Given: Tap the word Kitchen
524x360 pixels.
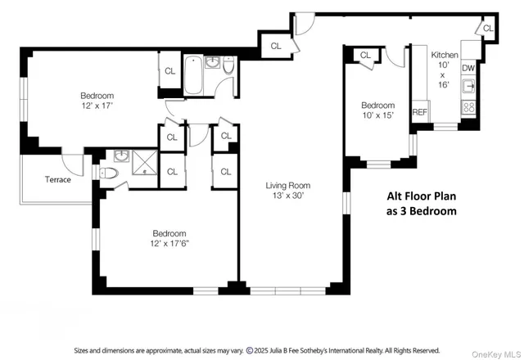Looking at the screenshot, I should (445, 55).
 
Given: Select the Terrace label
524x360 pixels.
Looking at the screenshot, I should (57, 179).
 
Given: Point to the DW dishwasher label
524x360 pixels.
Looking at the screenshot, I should (468, 69).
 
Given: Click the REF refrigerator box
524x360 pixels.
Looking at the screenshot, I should (420, 112).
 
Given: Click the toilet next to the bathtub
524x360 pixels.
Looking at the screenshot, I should (228, 74).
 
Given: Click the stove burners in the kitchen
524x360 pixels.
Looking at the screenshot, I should (470, 106).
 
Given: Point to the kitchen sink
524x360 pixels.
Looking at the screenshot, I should (470, 88).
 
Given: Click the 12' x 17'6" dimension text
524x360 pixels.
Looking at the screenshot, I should (169, 243).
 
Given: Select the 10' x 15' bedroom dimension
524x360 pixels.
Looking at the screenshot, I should (377, 115).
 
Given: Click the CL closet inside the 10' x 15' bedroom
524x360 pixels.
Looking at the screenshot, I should (365, 56).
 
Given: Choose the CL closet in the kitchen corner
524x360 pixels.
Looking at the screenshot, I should (488, 29).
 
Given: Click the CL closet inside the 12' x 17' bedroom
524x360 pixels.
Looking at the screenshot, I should (170, 71).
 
